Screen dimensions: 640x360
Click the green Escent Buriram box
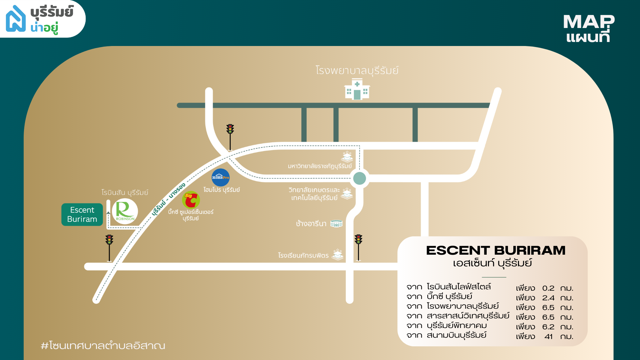coord(82,214)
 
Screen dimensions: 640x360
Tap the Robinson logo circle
coord(125,211)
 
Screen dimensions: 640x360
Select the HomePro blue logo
coord(221,177)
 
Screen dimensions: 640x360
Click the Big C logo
coord(191,200)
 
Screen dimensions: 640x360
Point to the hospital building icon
coord(357,89)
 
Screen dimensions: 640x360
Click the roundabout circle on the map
coord(359,178)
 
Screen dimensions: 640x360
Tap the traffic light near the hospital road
coord(230,137)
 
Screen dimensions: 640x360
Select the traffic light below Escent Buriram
coord(109,248)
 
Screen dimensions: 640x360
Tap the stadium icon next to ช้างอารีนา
coord(336,223)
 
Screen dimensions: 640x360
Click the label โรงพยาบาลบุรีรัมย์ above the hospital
coord(357,70)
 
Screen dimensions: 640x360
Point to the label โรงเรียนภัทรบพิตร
coord(303,255)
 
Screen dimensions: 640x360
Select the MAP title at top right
coord(589,22)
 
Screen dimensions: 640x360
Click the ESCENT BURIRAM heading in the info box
coord(496,250)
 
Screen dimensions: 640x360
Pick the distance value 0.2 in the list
coord(548,288)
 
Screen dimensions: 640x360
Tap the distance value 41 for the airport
coord(548,337)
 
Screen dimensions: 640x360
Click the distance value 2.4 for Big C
coord(548,298)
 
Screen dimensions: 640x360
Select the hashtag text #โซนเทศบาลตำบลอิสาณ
coord(103,345)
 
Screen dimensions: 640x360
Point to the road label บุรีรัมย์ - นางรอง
coord(168,199)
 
